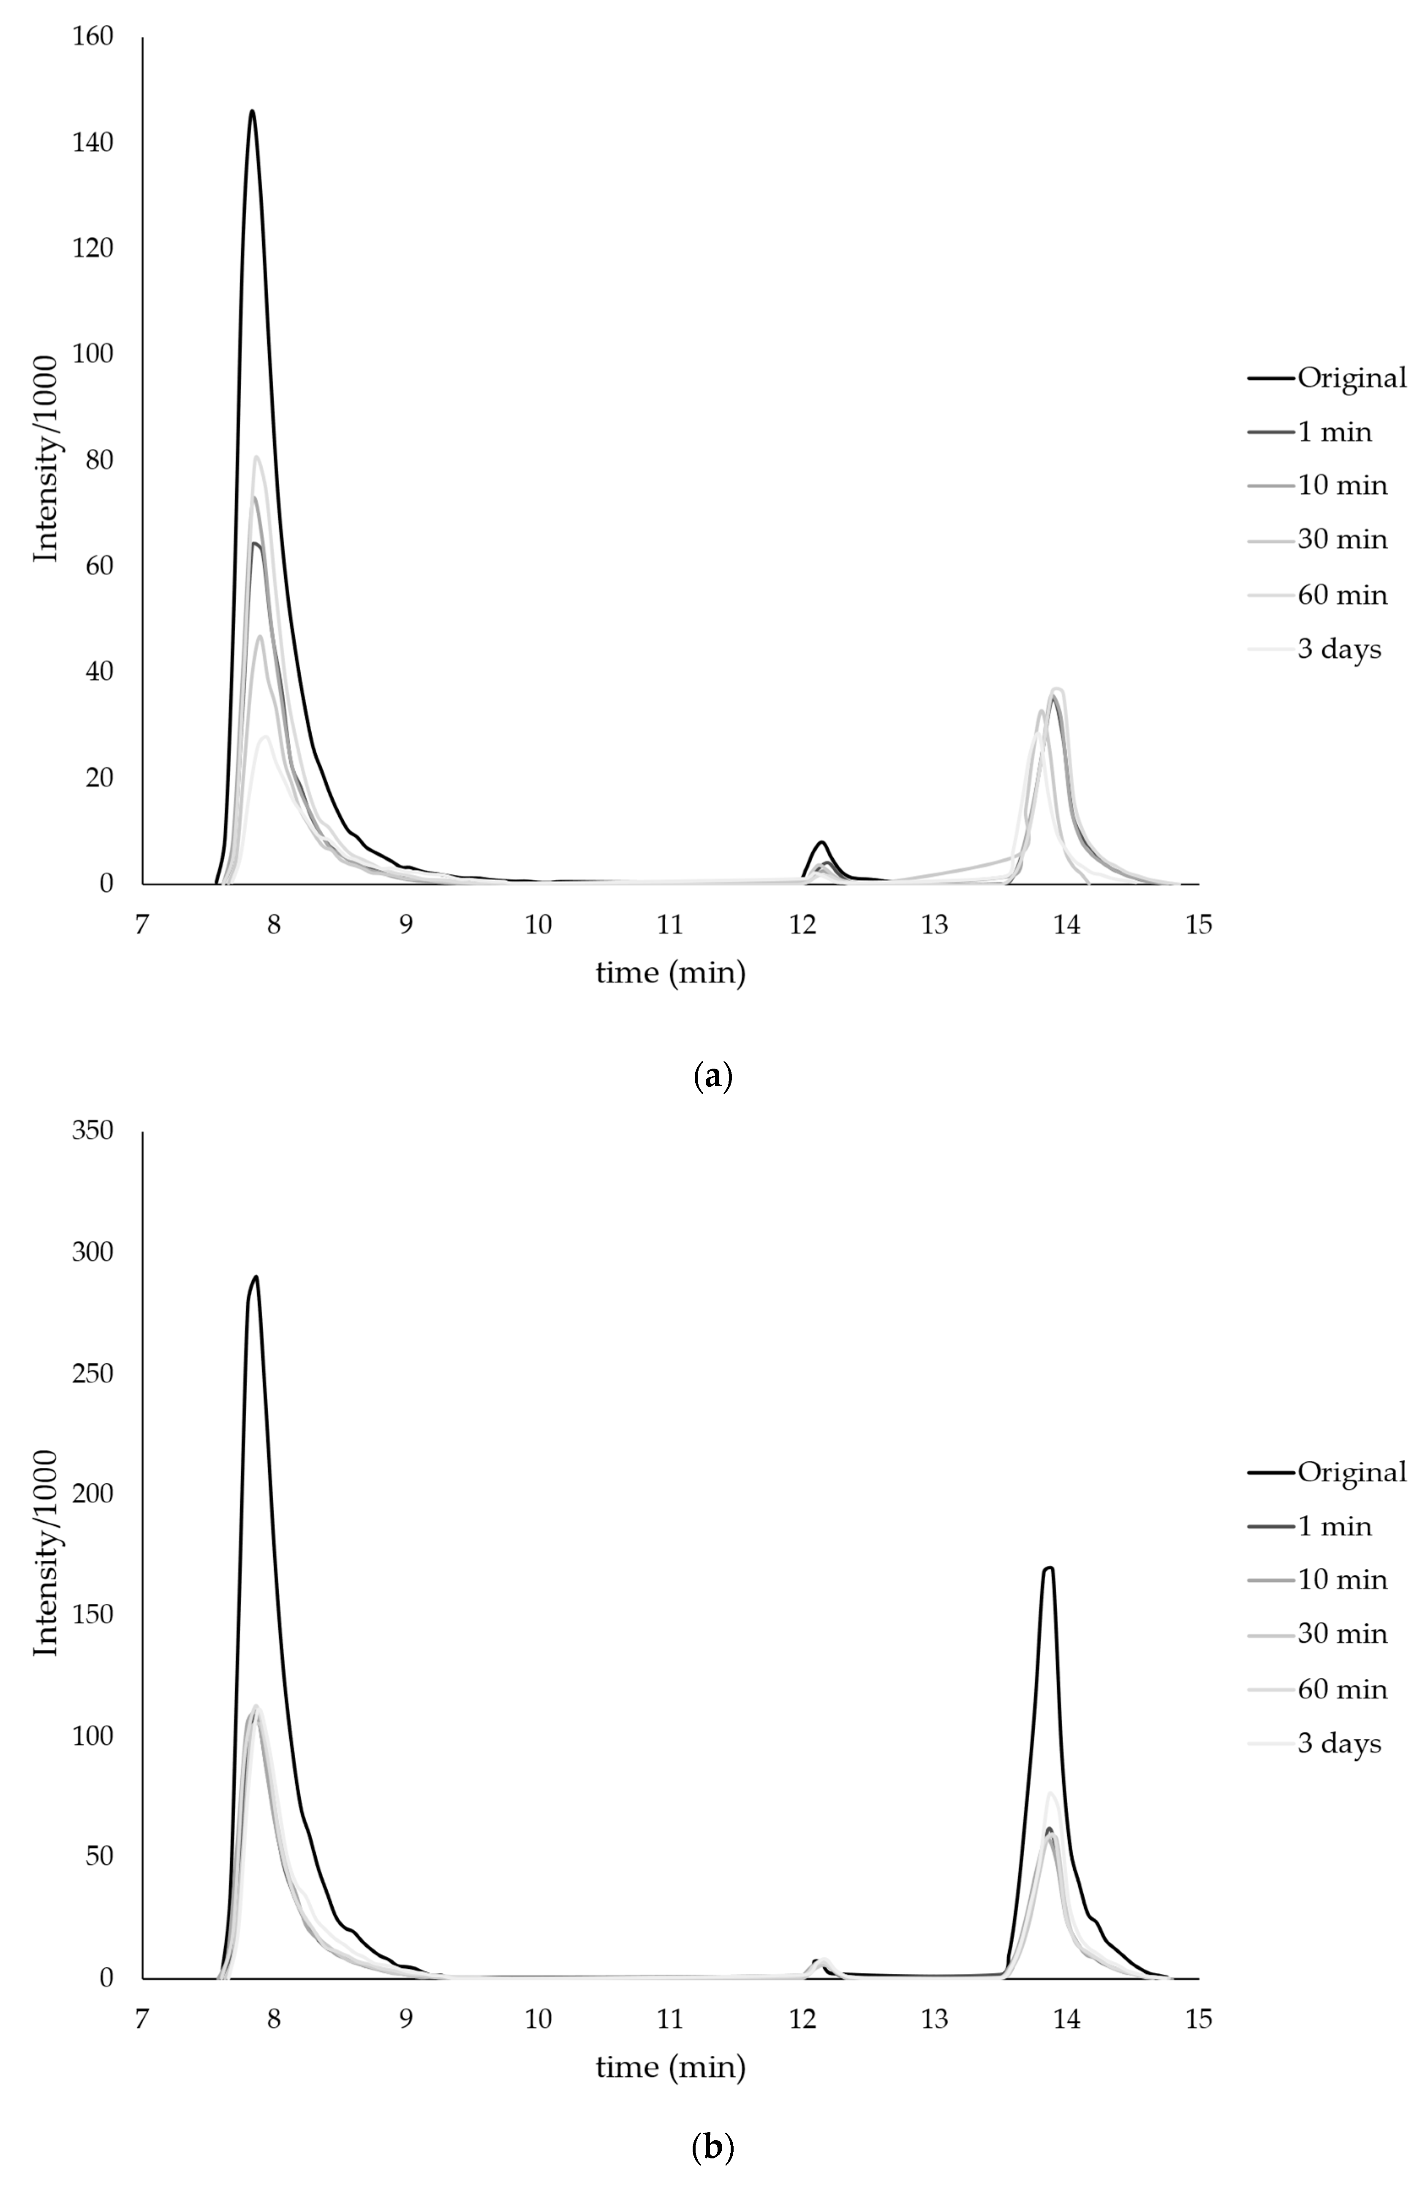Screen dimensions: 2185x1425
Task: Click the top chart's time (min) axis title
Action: (x=670, y=972)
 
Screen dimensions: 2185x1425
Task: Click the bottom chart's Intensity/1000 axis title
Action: (x=46, y=1554)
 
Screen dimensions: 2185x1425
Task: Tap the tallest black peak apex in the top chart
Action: (x=252, y=111)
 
